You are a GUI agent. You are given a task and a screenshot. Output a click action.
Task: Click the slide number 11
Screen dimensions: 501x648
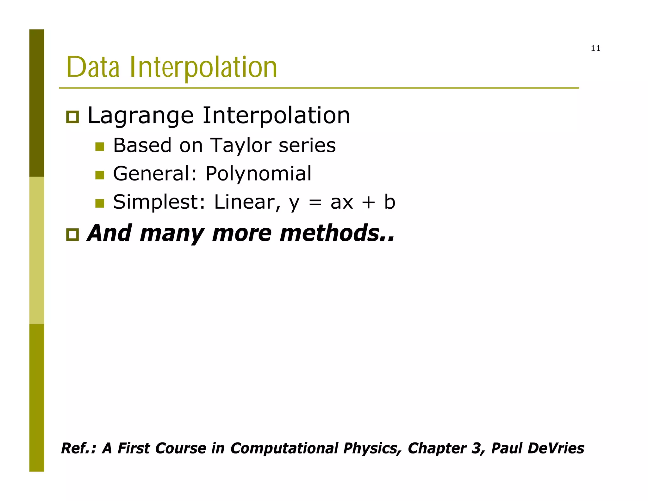(595, 48)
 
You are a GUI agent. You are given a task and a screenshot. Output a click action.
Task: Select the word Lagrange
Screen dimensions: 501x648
(140, 116)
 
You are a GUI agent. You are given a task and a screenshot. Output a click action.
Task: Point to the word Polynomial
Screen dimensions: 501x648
(259, 174)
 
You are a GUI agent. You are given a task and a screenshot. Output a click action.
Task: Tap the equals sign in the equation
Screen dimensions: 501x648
(315, 203)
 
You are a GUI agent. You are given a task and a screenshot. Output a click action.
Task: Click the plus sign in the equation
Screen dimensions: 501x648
(368, 203)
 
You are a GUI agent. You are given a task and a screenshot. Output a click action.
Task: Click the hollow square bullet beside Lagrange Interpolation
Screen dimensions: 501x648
(72, 117)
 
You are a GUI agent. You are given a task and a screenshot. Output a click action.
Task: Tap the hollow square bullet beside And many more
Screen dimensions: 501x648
(72, 235)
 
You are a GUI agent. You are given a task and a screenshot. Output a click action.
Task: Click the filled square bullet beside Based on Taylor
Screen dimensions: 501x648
(100, 147)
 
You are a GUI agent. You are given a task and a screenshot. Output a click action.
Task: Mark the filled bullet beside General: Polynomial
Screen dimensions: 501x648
(100, 175)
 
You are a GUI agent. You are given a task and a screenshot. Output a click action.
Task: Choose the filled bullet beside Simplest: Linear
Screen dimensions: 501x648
(100, 203)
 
